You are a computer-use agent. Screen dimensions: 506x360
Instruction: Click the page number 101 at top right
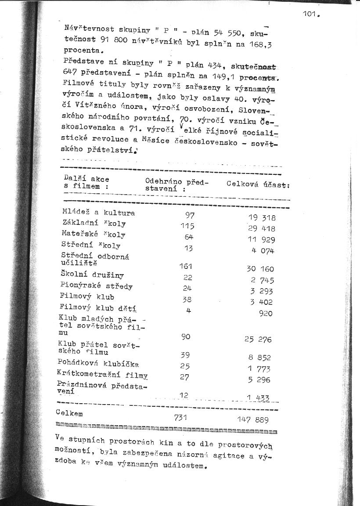coord(311,14)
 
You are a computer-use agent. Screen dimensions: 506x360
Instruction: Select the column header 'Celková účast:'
coord(258,184)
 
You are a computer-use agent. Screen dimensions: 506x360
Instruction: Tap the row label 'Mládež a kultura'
coord(99,213)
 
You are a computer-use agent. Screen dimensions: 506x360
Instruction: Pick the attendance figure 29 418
coord(262,228)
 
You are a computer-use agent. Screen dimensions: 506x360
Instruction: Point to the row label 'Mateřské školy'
coord(94,234)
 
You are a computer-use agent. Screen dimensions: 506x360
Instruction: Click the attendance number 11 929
coord(262,240)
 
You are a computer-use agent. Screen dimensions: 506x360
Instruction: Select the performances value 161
coord(186,266)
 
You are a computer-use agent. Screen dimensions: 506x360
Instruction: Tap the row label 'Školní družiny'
coord(92,275)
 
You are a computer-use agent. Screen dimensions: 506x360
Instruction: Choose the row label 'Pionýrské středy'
coord(97,286)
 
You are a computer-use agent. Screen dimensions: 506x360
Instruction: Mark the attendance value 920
coord(266,313)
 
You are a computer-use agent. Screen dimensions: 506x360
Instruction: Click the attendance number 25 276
coord(258,339)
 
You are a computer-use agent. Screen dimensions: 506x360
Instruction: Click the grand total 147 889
coord(254,420)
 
